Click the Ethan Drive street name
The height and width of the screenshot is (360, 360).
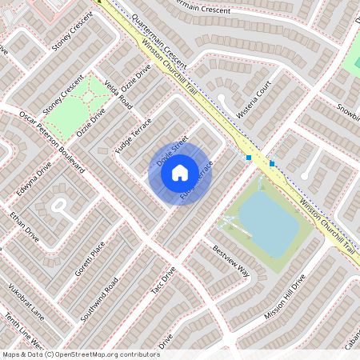coord(24,226)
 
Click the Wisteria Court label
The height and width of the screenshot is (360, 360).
coord(254,95)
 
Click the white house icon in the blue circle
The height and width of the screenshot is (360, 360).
coord(179,172)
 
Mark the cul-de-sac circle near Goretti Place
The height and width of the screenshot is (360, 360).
coord(59,206)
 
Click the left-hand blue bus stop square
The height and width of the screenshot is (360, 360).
coord(249,158)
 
